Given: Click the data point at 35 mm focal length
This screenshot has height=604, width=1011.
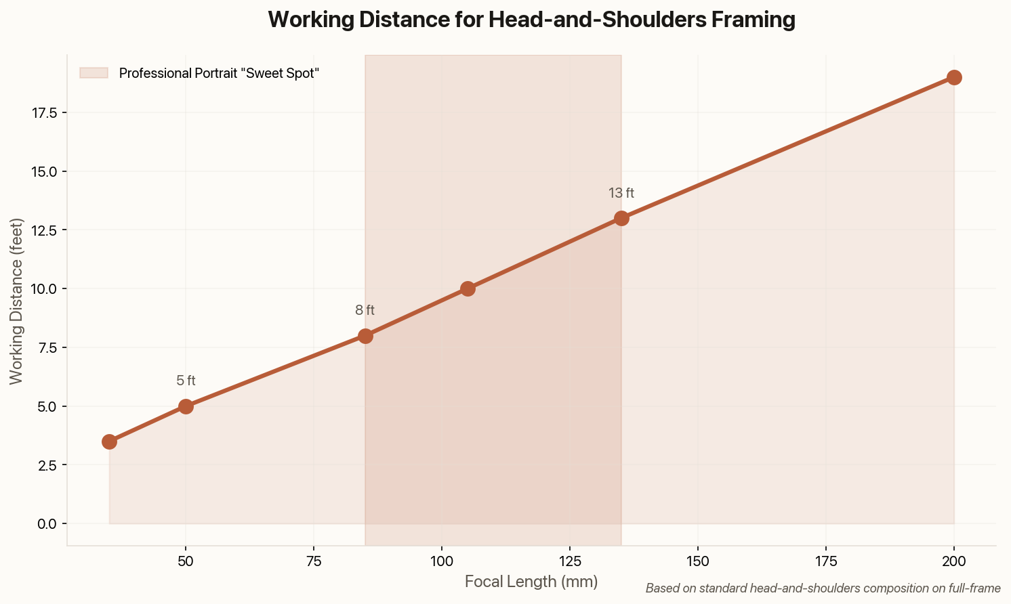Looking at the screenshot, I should pos(109,441).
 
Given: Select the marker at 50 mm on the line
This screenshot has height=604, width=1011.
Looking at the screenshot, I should pos(186,406).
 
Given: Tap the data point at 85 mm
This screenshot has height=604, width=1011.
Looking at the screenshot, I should pos(365,336).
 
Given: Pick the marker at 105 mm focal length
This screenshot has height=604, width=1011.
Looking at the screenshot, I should pos(468,288).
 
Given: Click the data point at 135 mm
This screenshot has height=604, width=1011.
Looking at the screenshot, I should pos(621,218).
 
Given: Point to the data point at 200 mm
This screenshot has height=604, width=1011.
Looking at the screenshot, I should pos(954,77).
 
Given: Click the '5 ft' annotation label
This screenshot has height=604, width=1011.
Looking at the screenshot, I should pos(186,381).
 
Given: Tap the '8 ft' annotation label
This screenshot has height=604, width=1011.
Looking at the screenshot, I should pos(365,311).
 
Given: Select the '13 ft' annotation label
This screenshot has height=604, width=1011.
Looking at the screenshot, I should pos(621,193).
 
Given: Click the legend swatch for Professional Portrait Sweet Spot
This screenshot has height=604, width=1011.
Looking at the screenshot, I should pos(94,73).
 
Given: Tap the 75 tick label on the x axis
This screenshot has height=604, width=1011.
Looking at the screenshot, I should pos(314,562).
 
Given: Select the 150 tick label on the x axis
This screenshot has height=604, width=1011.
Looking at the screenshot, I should pos(698,562).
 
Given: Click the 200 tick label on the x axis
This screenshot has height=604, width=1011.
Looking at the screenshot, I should pos(954,562).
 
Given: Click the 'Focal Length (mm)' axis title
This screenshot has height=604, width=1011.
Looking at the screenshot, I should pos(531,582).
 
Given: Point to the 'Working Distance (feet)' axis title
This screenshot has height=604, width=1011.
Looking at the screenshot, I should pos(16,301).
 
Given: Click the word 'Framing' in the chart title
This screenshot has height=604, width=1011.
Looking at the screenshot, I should pos(751,20).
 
